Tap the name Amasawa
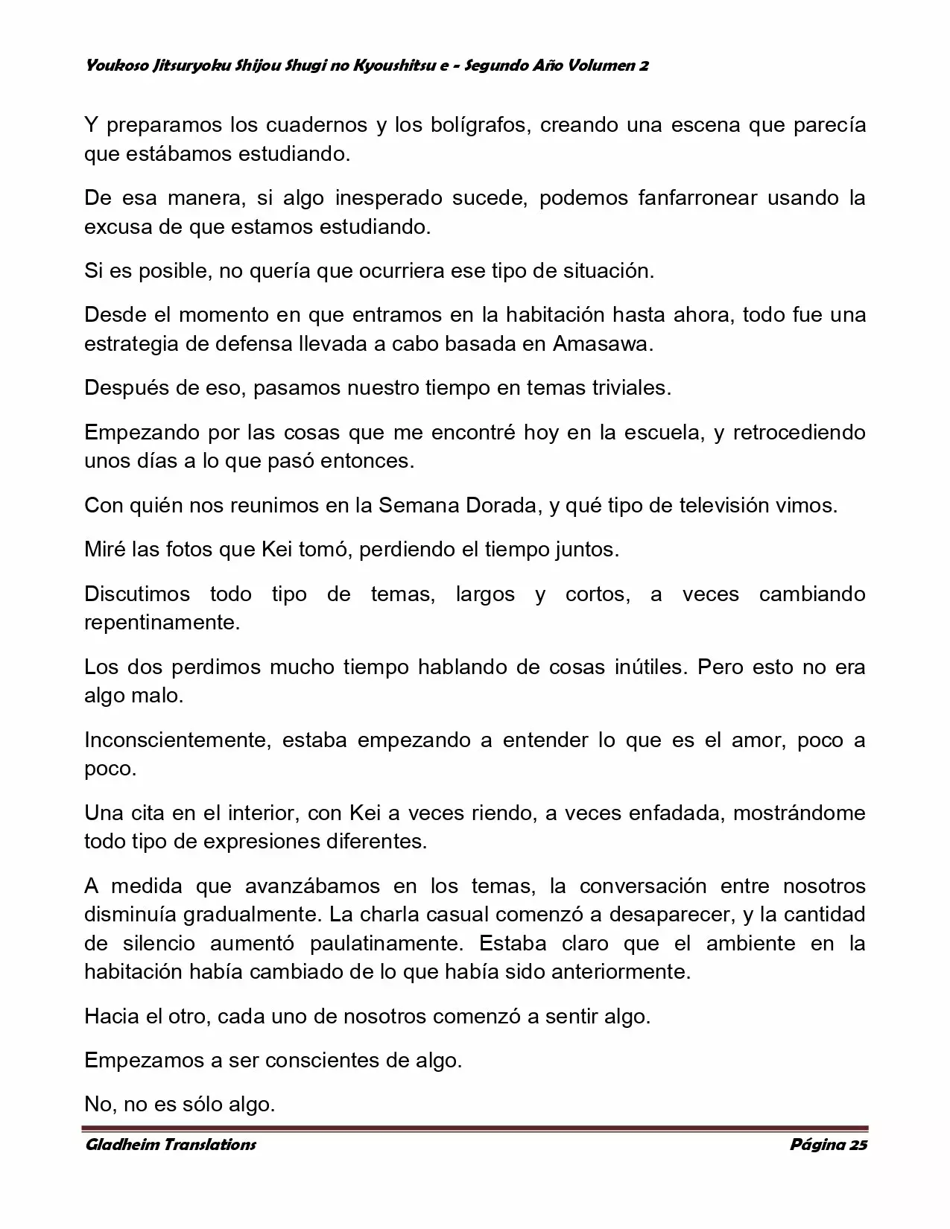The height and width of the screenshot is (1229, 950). [603, 344]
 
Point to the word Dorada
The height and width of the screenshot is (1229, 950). [501, 505]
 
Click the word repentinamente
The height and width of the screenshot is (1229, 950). [162, 622]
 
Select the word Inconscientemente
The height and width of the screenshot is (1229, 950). [171, 740]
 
